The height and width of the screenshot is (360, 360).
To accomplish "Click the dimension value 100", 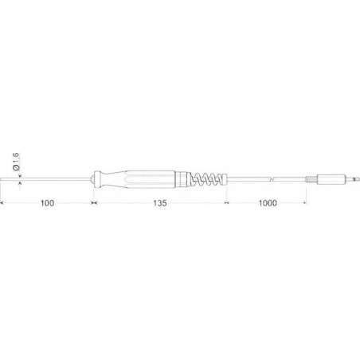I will click(47, 204).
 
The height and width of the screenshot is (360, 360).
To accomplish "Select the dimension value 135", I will click(158, 204).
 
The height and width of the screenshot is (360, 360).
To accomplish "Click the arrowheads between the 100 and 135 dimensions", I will click(94, 204).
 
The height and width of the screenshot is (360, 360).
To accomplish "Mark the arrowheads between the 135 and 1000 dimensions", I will click(229, 204).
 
